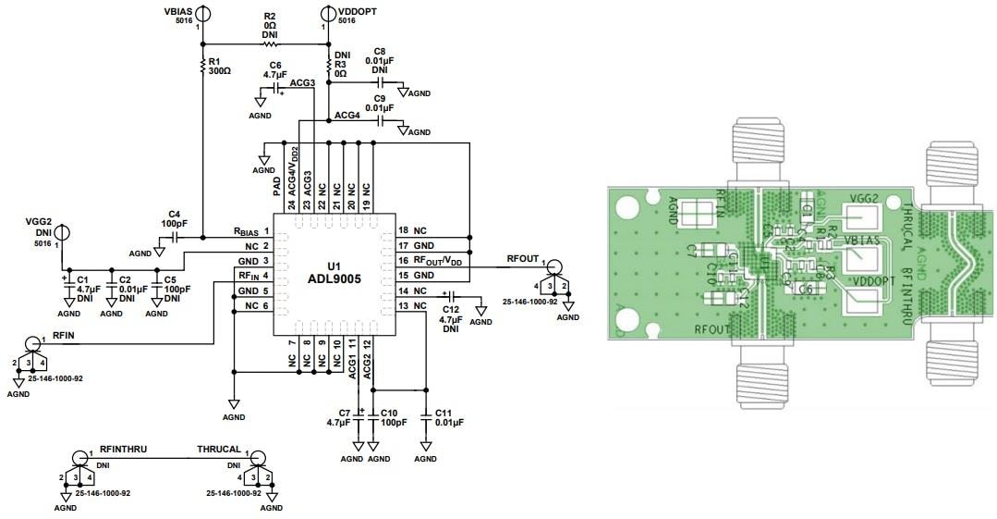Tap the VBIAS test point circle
click(202, 12)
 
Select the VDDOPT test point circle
click(327, 12)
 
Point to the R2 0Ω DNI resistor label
click(269, 26)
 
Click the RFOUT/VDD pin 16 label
click(431, 260)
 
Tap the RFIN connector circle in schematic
click(33, 343)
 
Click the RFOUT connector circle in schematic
click(553, 268)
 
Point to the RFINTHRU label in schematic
click(123, 449)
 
